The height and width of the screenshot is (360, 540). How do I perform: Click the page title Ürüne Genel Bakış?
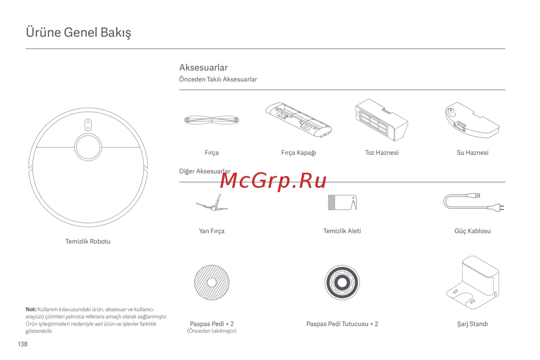[x=78, y=32]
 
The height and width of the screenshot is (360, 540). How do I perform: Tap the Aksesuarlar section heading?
[x=203, y=67]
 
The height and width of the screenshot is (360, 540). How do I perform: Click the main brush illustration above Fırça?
[x=212, y=120]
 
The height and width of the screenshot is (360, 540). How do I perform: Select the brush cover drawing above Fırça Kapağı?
[x=299, y=120]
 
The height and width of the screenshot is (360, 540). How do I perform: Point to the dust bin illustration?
[x=382, y=120]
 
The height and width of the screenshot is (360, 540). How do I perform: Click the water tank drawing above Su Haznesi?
[x=472, y=120]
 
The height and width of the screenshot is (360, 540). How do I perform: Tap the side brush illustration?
[x=212, y=203]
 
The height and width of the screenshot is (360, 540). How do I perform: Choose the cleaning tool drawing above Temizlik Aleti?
[x=342, y=202]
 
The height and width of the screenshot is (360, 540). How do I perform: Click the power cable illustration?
[x=474, y=203]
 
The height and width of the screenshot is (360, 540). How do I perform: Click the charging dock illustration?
[x=473, y=283]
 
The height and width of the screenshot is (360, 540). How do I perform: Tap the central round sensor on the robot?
[x=88, y=147]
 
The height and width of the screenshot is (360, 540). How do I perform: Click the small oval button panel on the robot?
[x=88, y=125]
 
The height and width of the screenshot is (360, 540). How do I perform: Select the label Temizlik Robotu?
[x=88, y=241]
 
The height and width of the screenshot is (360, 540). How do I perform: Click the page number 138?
[x=23, y=344]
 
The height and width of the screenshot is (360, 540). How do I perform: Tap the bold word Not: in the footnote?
[x=31, y=309]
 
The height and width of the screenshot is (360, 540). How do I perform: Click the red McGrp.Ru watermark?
[x=273, y=181]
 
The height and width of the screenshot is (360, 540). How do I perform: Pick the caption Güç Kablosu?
[x=473, y=231]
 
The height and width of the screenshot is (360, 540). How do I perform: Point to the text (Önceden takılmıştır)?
[x=212, y=331]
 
